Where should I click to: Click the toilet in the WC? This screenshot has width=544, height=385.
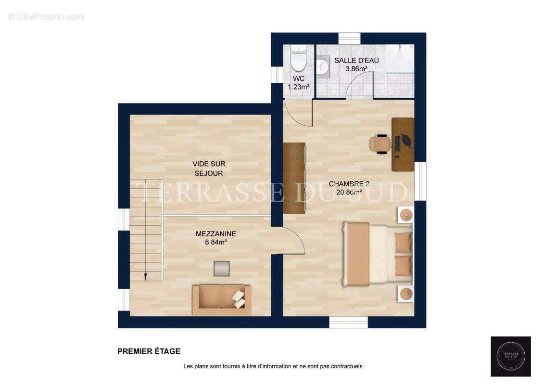coord(299,59)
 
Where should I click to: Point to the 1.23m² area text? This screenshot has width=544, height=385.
coord(298,87)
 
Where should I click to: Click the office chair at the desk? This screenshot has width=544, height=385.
coord(380,144)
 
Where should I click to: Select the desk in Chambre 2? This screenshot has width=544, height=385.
coord(403,144)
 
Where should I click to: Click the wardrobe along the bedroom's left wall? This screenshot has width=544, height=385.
coord(294,178)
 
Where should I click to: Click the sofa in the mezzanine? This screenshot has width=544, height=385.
coord(221,300)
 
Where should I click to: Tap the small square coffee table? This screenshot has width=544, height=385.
coord(222,268)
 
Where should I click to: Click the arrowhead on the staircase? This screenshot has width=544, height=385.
coord(144,276)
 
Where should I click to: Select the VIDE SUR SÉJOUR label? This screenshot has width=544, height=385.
coord(208,168)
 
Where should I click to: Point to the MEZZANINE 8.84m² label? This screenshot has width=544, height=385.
coord(215,238)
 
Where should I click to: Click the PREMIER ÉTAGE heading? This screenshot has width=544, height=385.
coord(149,351)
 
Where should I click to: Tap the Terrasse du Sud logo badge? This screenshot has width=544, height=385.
coord(510,356)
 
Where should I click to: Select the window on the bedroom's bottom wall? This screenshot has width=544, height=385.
coord(348,322)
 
